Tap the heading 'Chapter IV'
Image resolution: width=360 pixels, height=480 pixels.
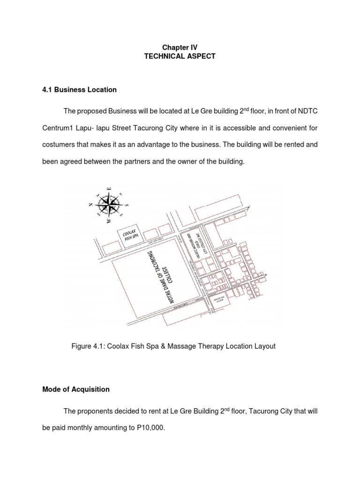[180, 47]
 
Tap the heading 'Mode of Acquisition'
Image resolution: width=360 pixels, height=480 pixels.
[76, 389]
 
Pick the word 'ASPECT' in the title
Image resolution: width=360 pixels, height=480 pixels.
[201, 56]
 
